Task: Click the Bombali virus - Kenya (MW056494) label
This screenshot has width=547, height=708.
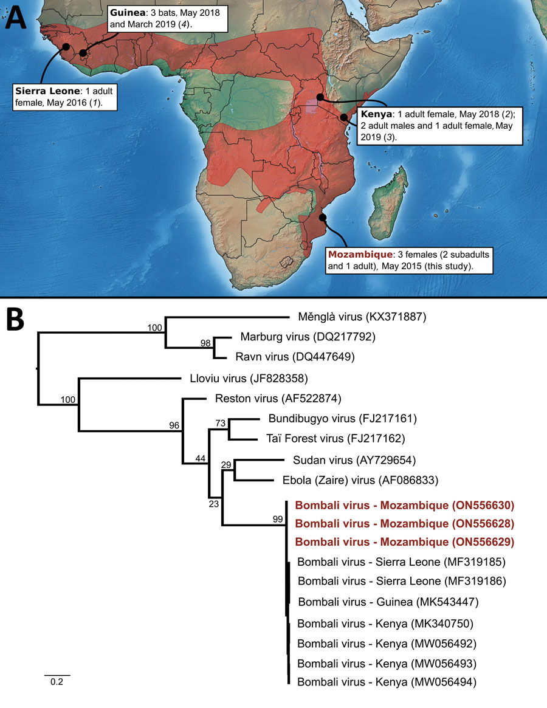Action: [x=387, y=682]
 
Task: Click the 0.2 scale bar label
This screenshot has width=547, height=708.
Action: [x=56, y=682]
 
